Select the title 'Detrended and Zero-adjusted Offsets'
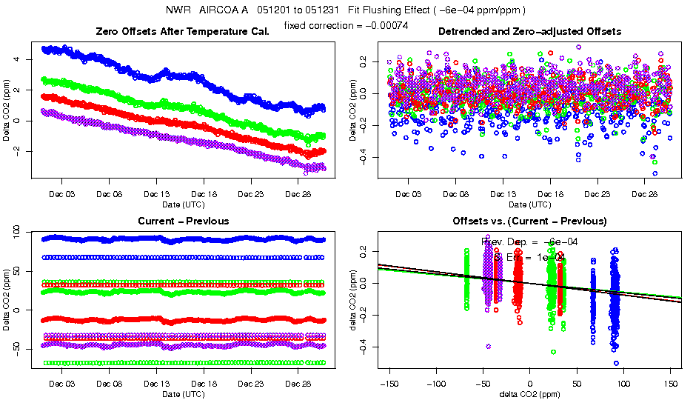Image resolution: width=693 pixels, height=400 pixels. (529, 31)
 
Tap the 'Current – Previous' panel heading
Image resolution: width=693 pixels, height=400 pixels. (183, 221)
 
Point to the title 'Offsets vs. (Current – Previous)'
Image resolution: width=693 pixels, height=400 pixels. (529, 221)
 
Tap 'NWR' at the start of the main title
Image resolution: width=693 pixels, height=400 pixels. (178, 10)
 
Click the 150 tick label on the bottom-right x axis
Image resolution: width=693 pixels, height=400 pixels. (671, 384)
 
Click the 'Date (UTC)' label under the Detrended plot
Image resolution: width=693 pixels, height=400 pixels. (529, 204)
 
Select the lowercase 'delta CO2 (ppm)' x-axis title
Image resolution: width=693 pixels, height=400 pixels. (529, 394)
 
